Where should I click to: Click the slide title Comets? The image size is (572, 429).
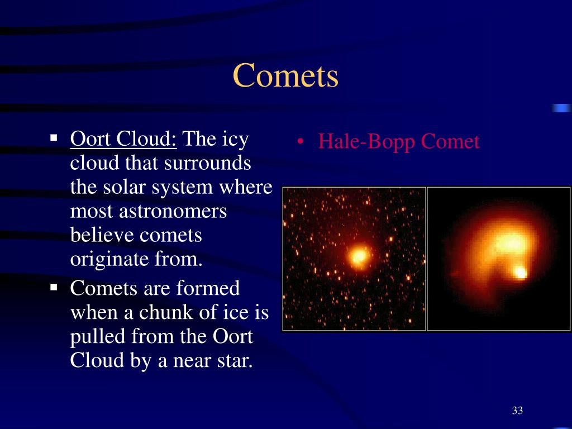pyautogui.click(x=285, y=75)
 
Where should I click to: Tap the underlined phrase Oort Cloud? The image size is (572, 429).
pyautogui.click(x=123, y=139)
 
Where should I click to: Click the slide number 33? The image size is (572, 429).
pyautogui.click(x=517, y=411)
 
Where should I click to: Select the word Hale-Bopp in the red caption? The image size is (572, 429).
pyautogui.click(x=367, y=142)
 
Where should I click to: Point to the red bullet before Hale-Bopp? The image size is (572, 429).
pyautogui.click(x=300, y=142)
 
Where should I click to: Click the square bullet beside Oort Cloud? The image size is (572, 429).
pyautogui.click(x=54, y=138)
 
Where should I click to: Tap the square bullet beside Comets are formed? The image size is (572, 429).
pyautogui.click(x=54, y=288)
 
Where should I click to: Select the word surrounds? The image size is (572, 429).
pyautogui.click(x=207, y=163)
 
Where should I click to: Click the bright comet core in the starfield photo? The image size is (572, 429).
pyautogui.click(x=359, y=256)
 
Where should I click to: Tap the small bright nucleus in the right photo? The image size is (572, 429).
pyautogui.click(x=520, y=273)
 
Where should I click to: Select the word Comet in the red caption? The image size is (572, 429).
pyautogui.click(x=450, y=141)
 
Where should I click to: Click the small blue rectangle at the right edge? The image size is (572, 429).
pyautogui.click(x=562, y=108)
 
